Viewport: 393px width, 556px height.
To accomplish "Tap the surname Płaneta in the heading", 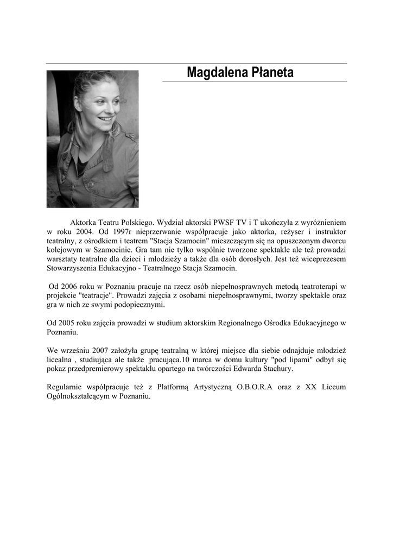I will coord(271,72).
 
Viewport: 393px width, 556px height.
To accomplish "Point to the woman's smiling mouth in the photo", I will coord(106,119).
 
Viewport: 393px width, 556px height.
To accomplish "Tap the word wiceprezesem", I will coord(320,259).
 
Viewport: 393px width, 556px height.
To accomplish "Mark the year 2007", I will coord(105,350).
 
